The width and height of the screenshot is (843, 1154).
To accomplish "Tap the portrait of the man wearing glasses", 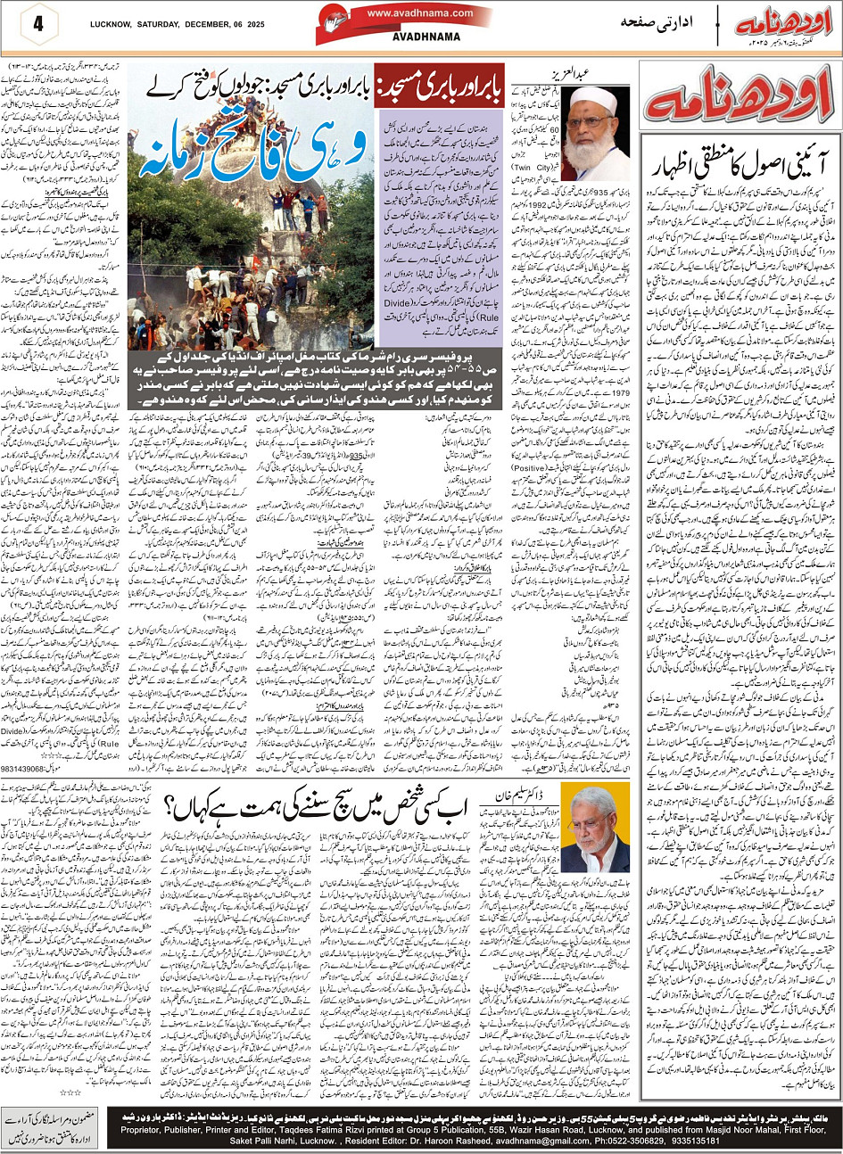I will coord(595,827).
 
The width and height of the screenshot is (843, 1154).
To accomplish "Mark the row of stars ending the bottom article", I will coord(70,1091).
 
